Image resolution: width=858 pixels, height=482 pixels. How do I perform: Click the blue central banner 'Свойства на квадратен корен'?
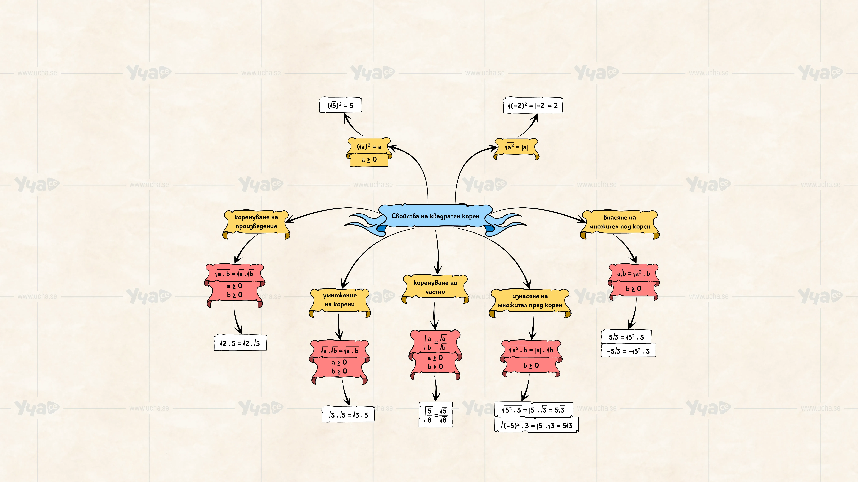pos(435,216)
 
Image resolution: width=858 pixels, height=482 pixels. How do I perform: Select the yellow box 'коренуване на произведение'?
pos(256,224)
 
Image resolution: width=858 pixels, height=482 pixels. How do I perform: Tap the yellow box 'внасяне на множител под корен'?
pos(620,224)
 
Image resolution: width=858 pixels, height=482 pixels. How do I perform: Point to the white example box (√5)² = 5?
pos(340,105)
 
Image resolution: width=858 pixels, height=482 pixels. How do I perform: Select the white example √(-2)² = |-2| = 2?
pos(533,105)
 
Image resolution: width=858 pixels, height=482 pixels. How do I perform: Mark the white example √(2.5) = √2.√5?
pos(240,343)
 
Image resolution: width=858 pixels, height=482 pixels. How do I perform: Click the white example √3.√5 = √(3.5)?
pos(348,414)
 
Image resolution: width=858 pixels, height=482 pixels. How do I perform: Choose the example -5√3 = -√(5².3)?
pos(628,351)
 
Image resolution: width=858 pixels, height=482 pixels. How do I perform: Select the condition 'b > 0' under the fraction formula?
pos(435,366)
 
